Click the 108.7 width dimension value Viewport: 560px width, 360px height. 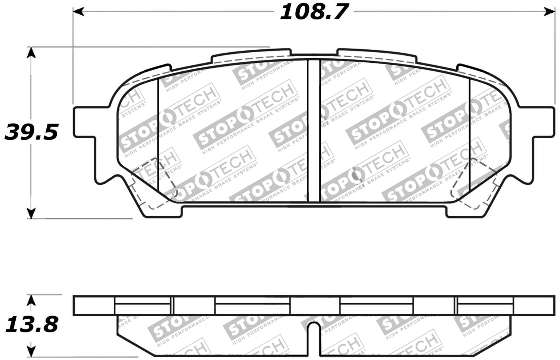(x=314, y=12)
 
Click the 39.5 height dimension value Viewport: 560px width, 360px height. (x=31, y=133)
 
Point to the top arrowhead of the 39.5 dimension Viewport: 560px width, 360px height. (x=32, y=52)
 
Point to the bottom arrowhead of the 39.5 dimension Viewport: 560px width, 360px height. (x=32, y=214)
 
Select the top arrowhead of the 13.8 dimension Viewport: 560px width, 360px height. (x=32, y=300)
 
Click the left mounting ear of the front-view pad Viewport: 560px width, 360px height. (x=84, y=122)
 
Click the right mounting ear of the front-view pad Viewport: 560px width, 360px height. (x=543, y=122)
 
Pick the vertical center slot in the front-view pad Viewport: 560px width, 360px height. (x=314, y=131)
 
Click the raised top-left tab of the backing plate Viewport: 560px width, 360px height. (x=251, y=56)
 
